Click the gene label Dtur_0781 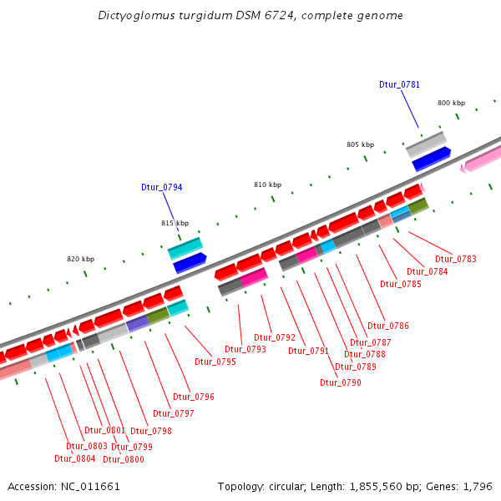point(399,84)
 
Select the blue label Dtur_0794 point(161,187)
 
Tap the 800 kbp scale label point(451,103)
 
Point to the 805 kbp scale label point(360,144)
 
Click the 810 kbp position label point(267,184)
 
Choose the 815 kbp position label point(175,223)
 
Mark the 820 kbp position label point(80,259)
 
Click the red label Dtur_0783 point(456,259)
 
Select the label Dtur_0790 point(341,382)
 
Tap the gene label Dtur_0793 point(245,349)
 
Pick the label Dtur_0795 point(215,362)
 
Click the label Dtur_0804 point(75,458)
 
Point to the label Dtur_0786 point(388,326)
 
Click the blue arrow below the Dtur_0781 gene point(431,158)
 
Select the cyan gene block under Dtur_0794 point(185,248)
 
